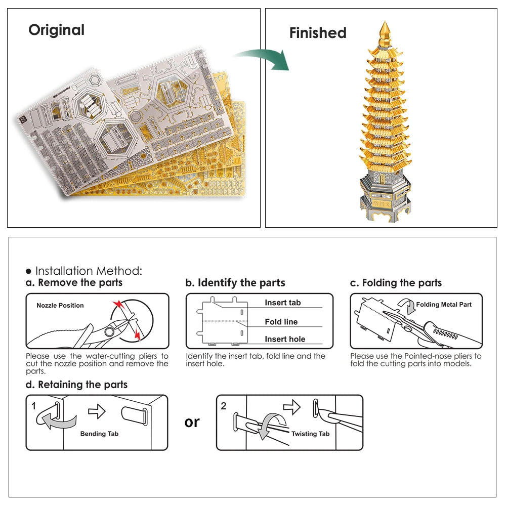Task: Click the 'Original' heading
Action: tap(56, 30)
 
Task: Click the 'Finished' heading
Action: tap(318, 33)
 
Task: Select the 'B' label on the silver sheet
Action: tap(23, 120)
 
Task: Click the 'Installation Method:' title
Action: tap(88, 271)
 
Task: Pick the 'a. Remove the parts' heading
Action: tap(74, 282)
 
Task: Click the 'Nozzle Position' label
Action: tap(60, 306)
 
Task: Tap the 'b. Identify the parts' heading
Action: tap(235, 282)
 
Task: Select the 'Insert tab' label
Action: tap(282, 303)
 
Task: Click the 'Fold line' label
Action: tap(281, 322)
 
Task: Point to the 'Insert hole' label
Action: tap(285, 339)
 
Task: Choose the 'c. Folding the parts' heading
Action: tap(396, 282)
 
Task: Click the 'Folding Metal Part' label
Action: tap(444, 305)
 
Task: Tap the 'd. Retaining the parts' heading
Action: tap(76, 385)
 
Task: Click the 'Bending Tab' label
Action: tap(99, 434)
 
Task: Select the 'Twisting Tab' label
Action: tap(310, 434)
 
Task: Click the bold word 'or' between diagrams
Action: tap(192, 421)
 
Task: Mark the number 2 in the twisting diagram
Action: tap(224, 405)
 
